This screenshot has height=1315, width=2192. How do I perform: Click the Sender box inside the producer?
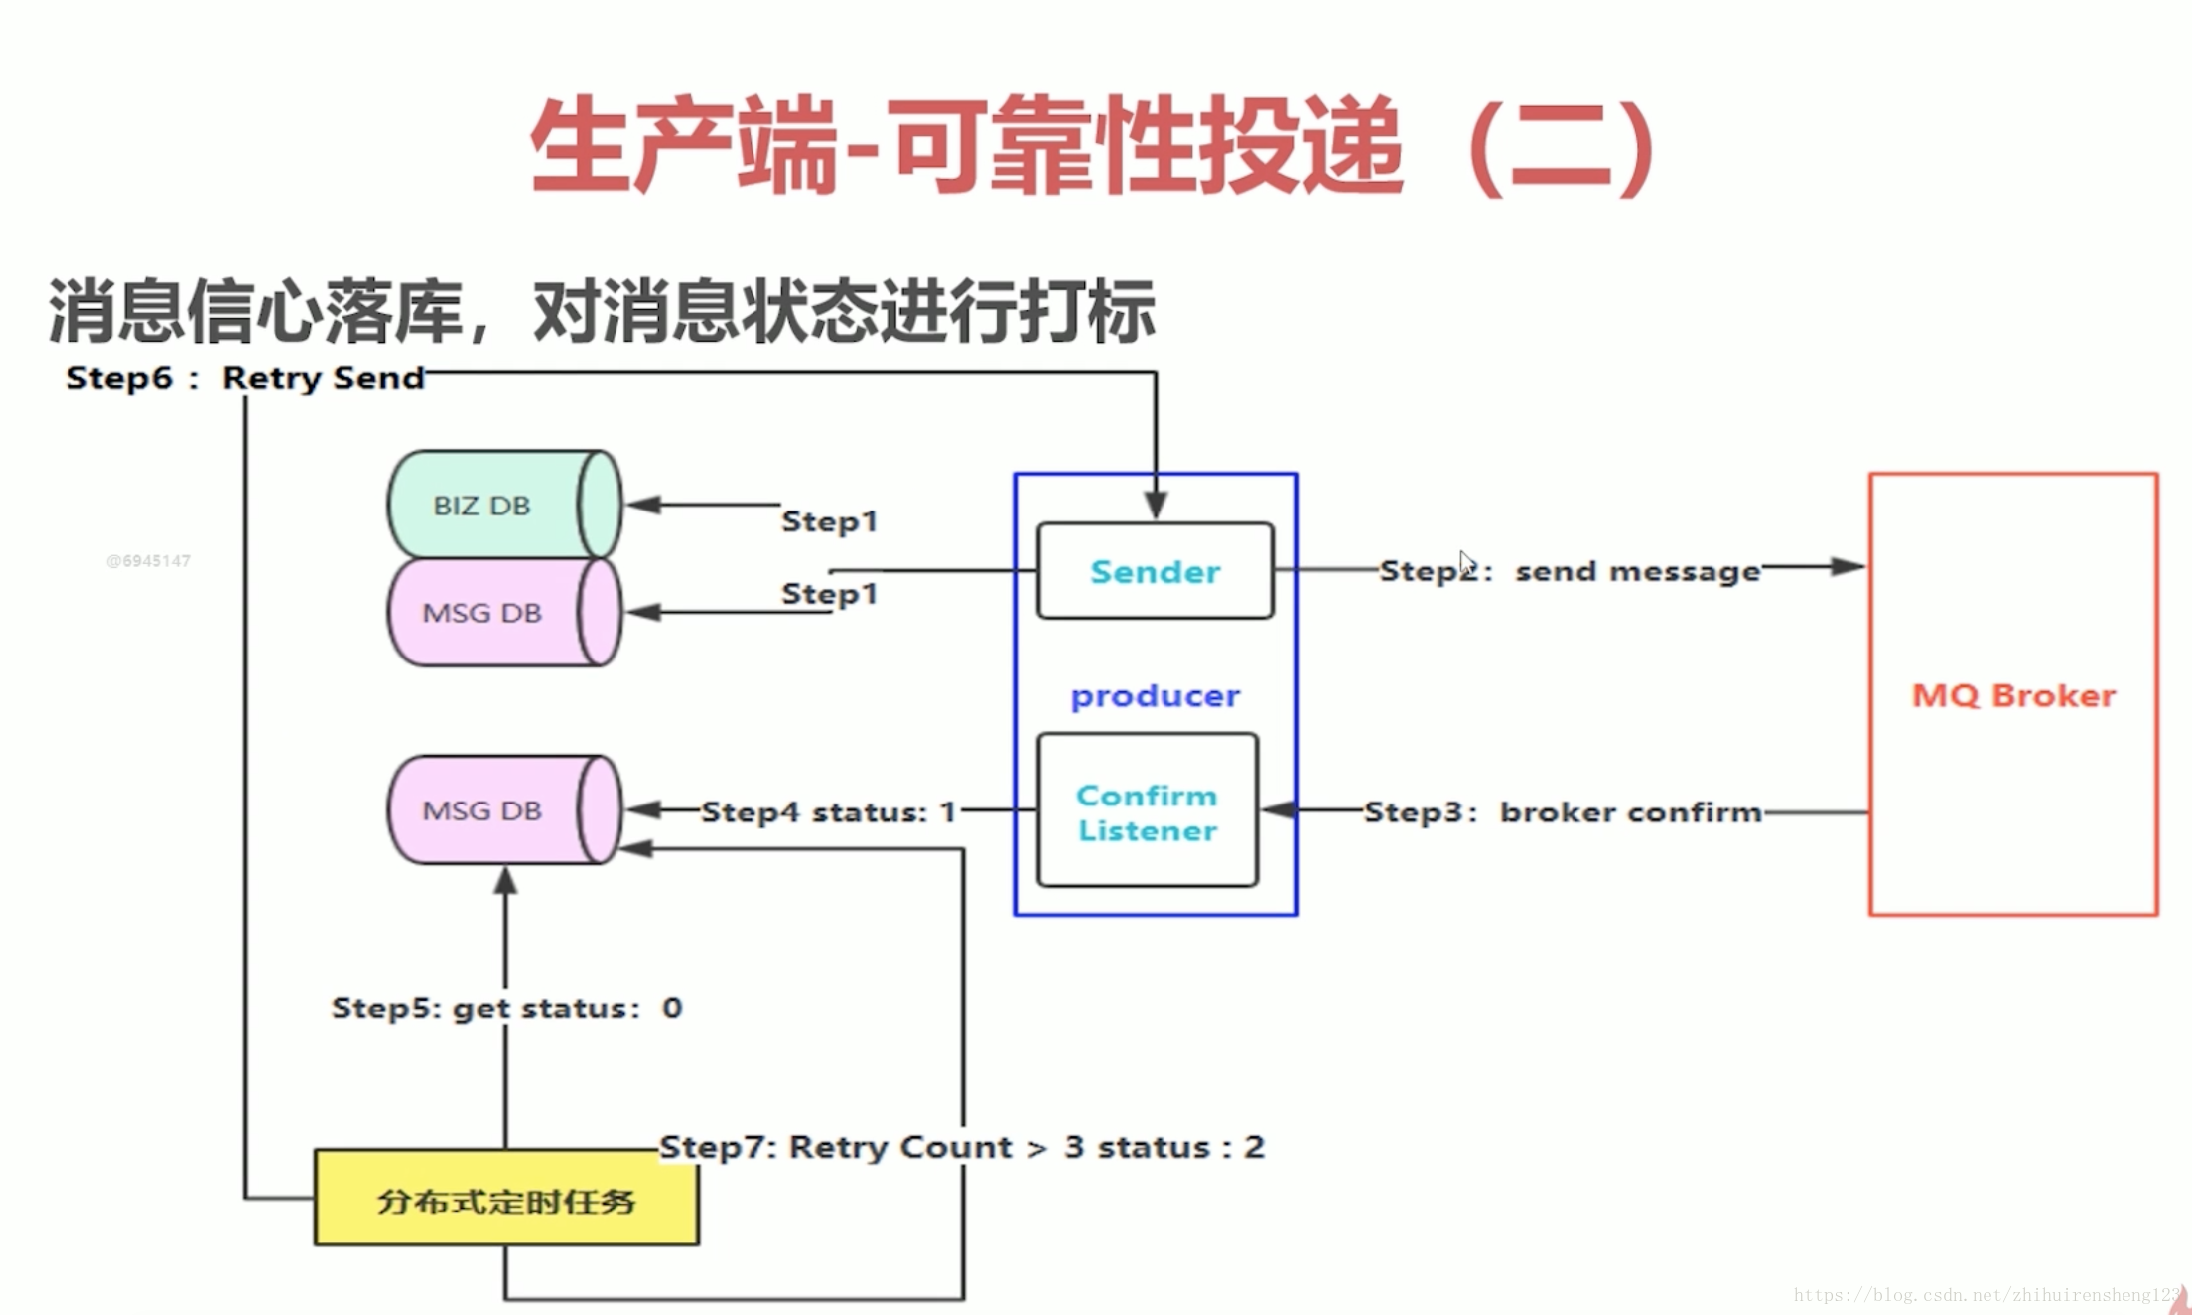tap(1155, 571)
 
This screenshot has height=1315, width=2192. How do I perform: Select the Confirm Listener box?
tap(1147, 811)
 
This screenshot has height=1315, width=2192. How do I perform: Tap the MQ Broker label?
tap(2013, 695)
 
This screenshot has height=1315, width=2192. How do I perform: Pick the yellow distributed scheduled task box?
tap(506, 1200)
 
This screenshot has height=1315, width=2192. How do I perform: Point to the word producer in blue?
tap(1155, 696)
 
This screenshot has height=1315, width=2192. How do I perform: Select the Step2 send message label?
tap(1570, 571)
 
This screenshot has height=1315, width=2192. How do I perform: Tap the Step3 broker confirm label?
tap(1563, 812)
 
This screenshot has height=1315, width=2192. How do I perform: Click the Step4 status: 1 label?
tap(828, 812)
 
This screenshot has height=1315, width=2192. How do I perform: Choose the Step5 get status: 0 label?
tap(506, 1008)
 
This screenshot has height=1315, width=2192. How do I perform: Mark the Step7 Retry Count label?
tap(961, 1147)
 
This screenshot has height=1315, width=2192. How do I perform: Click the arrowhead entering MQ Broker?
tap(1849, 567)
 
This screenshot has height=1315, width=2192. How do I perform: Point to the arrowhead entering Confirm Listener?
tap(1279, 810)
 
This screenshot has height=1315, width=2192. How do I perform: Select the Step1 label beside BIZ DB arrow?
tap(829, 520)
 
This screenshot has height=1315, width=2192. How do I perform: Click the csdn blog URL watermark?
tap(1986, 1295)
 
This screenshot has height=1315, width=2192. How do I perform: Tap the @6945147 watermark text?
tap(148, 561)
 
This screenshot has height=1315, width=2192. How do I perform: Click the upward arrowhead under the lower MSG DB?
tap(505, 881)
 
